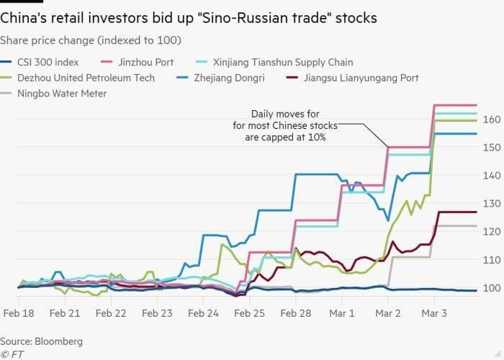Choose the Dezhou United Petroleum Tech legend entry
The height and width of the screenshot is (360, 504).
click(x=86, y=78)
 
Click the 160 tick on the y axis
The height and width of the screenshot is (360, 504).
click(x=489, y=120)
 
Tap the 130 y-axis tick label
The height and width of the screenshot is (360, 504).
click(x=489, y=204)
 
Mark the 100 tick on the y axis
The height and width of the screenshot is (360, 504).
click(x=489, y=288)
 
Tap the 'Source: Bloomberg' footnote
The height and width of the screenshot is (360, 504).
click(x=41, y=341)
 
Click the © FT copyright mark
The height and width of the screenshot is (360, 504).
click(x=12, y=354)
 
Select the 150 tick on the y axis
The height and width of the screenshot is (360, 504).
click(x=489, y=148)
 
